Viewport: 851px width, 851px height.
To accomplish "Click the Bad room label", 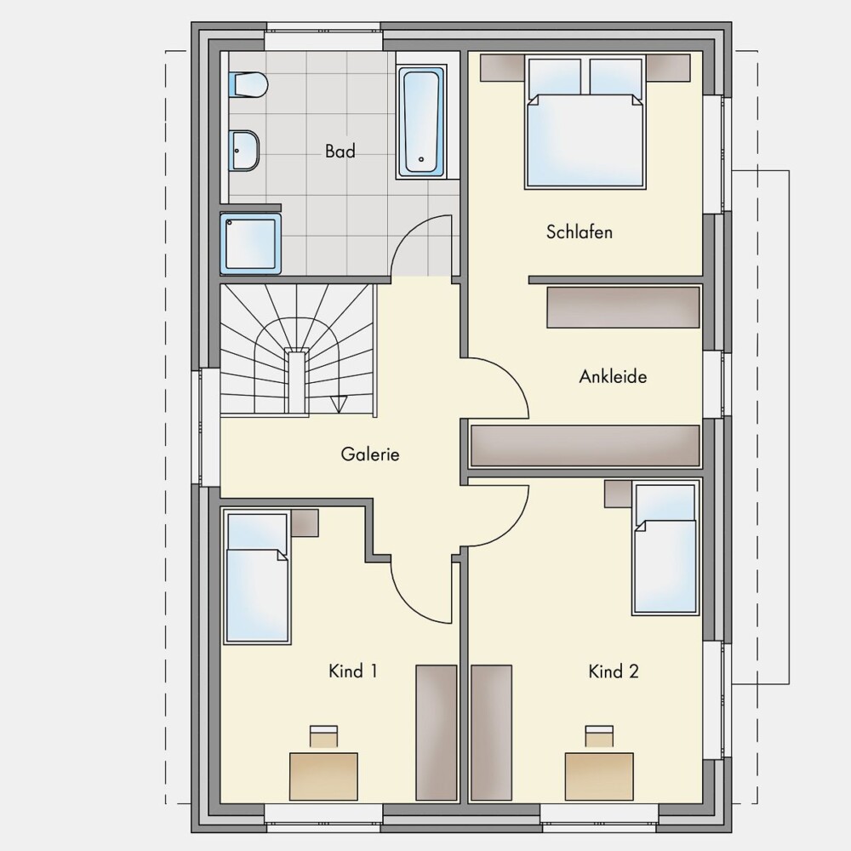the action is click(x=340, y=151).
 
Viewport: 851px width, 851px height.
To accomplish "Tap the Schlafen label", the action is click(x=579, y=232).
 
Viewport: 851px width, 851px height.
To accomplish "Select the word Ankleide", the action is click(x=613, y=376).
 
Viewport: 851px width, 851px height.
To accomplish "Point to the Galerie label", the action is click(x=370, y=454).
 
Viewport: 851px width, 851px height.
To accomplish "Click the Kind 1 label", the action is click(x=353, y=671).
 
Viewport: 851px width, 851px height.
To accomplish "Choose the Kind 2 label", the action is click(x=614, y=671).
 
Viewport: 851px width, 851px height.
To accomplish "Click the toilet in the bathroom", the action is click(x=248, y=85).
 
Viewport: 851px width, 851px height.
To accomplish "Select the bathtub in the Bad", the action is click(x=421, y=122).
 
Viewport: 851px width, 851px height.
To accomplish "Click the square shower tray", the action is click(x=251, y=243).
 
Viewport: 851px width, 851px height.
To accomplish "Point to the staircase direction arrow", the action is click(x=339, y=404).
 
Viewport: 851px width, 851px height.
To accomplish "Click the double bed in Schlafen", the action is click(x=585, y=122).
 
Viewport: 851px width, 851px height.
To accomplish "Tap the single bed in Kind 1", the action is click(x=257, y=578).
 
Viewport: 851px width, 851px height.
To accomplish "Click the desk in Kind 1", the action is click(x=323, y=776).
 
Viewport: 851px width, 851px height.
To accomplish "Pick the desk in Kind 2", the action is click(x=599, y=776).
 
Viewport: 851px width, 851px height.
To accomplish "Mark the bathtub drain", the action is click(x=421, y=160).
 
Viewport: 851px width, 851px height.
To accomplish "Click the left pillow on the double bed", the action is click(x=555, y=77).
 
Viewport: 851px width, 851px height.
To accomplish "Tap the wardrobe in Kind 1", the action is click(x=437, y=733).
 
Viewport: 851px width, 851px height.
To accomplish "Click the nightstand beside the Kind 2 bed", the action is click(x=619, y=494).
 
